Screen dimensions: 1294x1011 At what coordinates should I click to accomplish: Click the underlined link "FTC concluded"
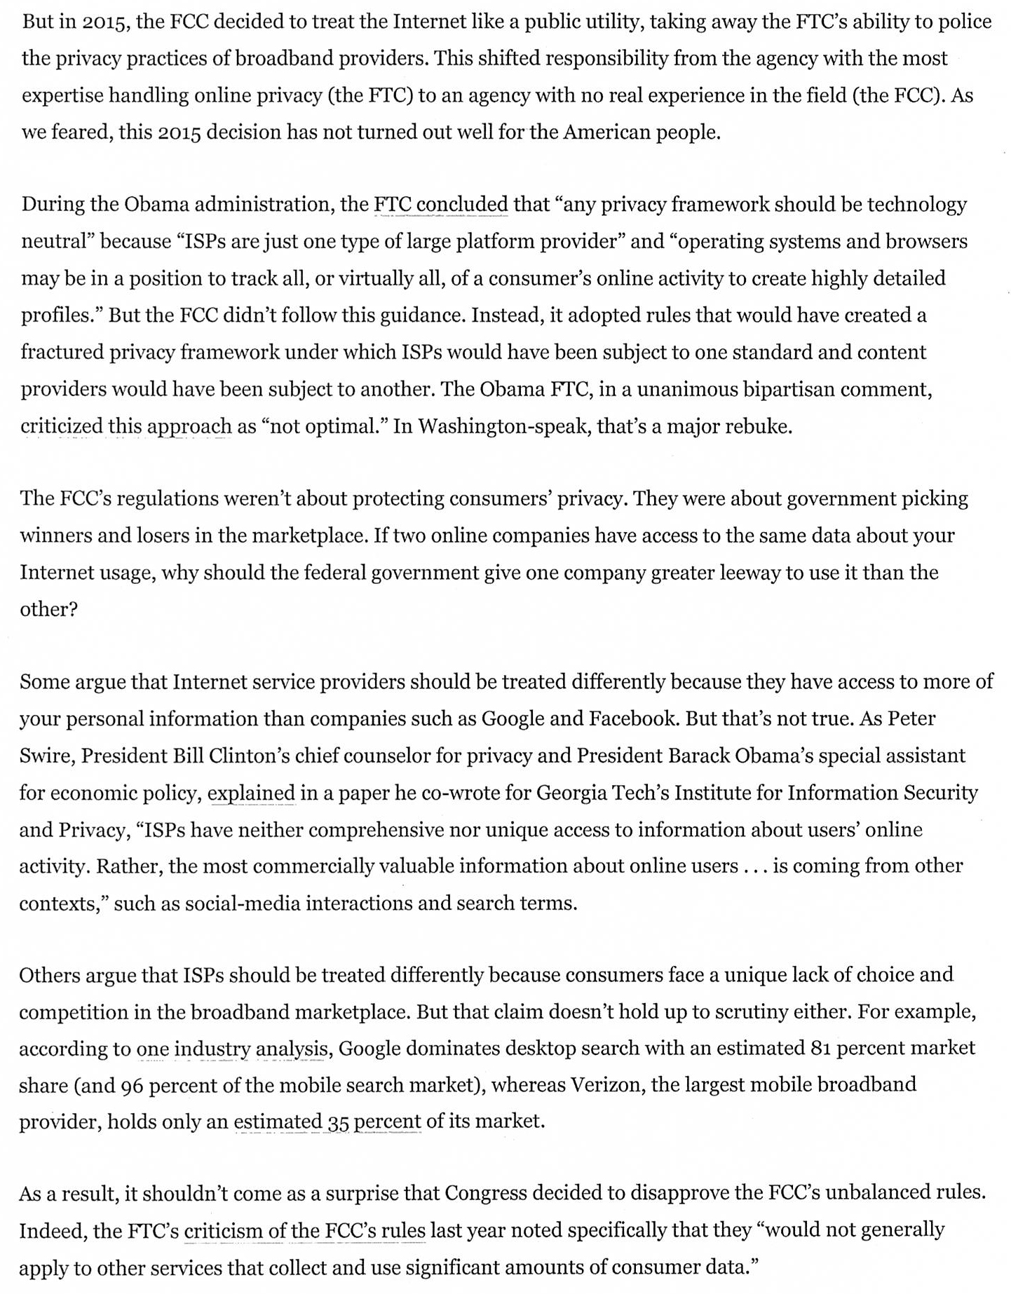(440, 204)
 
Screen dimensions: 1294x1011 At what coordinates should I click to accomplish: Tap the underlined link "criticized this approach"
(125, 425)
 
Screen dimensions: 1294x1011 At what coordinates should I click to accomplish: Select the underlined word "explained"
(251, 793)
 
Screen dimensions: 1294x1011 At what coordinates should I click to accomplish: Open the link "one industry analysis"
(232, 1049)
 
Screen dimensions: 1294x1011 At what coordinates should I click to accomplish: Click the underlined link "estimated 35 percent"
(327, 1122)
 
